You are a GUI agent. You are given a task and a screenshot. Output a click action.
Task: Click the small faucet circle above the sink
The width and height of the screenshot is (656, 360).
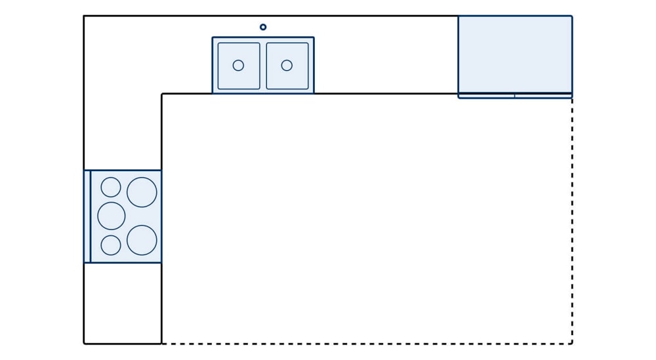tap(263, 27)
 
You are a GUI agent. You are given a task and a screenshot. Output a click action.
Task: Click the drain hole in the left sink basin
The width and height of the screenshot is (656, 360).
tap(238, 66)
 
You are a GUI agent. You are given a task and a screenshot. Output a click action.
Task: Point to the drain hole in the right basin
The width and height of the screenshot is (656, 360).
tap(287, 66)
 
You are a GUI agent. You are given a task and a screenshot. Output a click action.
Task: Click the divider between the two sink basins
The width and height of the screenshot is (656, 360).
tap(263, 66)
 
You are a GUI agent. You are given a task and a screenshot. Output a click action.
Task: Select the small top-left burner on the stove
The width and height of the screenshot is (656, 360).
tap(111, 187)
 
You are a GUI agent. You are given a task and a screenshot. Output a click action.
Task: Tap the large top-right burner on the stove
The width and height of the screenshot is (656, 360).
tap(142, 192)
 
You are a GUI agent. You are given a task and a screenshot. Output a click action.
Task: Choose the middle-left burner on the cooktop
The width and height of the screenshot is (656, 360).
tap(112, 216)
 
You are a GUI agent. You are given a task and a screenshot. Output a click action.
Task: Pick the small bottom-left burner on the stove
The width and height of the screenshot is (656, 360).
tap(111, 245)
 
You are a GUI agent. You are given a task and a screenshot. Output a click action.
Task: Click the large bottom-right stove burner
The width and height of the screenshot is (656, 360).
tap(142, 240)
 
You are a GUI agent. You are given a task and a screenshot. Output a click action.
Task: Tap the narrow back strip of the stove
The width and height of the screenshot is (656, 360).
tap(87, 216)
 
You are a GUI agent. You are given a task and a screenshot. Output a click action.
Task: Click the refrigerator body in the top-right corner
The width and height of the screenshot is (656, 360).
tap(515, 54)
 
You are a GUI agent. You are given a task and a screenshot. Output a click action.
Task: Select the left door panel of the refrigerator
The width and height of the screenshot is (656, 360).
tap(486, 96)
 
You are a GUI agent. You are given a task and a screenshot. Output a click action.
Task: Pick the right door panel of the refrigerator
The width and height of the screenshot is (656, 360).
tap(543, 96)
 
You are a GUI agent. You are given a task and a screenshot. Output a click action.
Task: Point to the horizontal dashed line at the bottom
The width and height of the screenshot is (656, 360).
tap(367, 344)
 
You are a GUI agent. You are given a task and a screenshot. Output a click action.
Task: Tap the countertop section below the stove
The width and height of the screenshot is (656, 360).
tap(123, 302)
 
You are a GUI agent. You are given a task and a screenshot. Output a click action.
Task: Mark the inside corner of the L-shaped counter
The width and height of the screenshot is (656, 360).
tap(162, 94)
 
